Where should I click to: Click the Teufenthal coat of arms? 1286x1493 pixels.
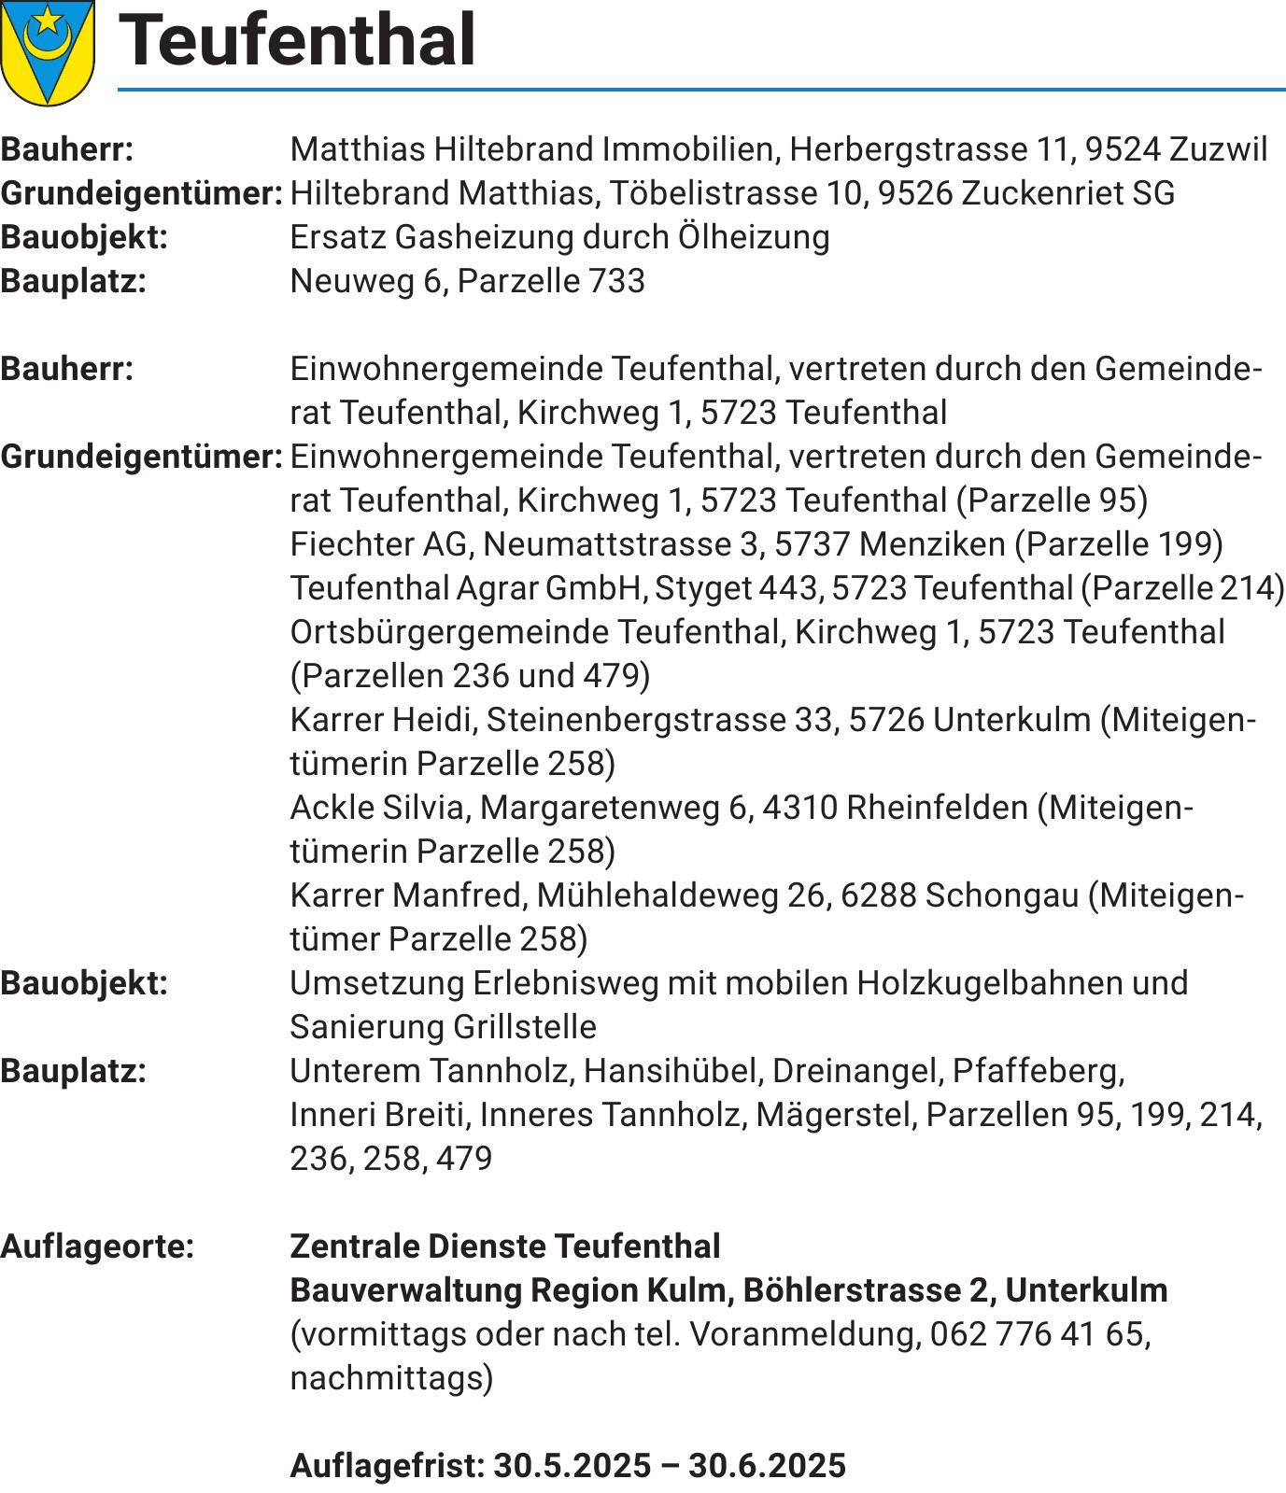pos(47,51)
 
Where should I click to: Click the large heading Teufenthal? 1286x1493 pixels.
pos(298,41)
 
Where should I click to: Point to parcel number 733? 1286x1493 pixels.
pos(615,281)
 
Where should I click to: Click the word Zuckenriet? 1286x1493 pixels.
pos(1040,193)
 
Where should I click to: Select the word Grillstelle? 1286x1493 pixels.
pos(524,1027)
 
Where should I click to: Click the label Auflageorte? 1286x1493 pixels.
pos(97,1247)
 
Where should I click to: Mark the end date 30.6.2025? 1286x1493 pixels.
pos(767,1466)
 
